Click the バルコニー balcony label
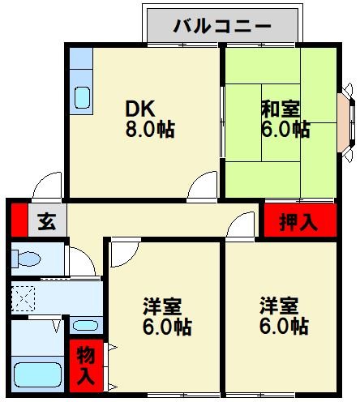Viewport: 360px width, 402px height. [221, 25]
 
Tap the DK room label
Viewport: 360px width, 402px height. [140, 108]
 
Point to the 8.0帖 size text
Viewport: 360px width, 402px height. [148, 130]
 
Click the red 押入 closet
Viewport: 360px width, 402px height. [299, 220]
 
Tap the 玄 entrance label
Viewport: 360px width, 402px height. [47, 221]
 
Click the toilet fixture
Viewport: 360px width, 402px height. [27, 260]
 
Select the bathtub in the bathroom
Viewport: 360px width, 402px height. [38, 375]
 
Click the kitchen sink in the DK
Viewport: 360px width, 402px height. [83, 96]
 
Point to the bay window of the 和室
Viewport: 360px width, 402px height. [345, 120]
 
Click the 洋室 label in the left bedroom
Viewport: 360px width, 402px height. [163, 307]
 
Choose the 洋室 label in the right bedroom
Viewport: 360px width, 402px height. [280, 307]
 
